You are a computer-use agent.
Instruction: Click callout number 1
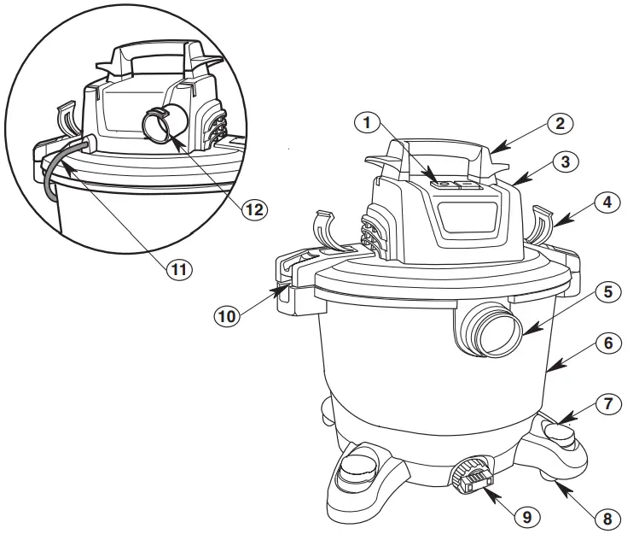tap(367, 123)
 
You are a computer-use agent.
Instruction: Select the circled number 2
tap(560, 124)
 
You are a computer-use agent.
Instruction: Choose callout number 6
tap(606, 343)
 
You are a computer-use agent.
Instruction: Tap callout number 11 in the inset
tap(178, 267)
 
